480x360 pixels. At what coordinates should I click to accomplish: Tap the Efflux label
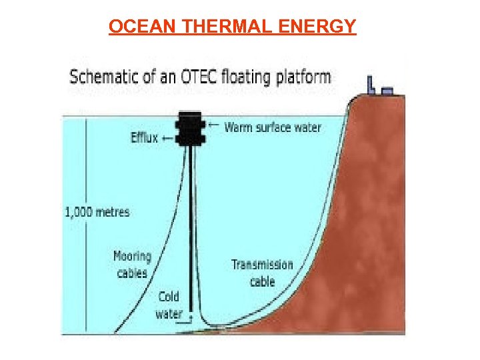[144, 138]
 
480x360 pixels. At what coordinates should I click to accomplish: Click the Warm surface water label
[273, 127]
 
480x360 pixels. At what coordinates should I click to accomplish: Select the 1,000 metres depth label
[97, 212]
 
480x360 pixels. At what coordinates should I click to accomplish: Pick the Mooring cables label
[132, 264]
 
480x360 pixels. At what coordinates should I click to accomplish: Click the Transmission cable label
[262, 273]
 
